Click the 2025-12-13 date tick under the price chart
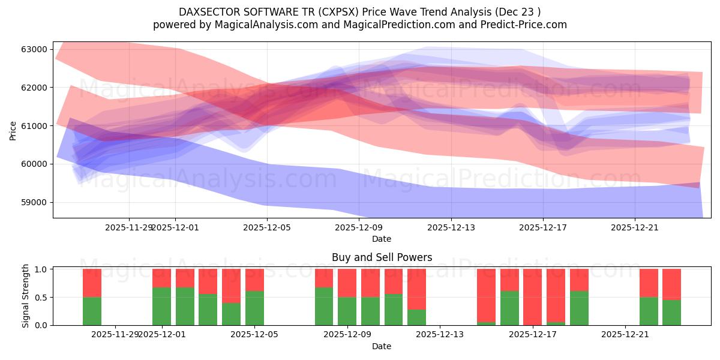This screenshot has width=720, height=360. click(x=450, y=227)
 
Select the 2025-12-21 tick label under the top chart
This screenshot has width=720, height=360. click(x=634, y=227)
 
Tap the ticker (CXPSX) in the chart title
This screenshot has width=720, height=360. click(x=338, y=12)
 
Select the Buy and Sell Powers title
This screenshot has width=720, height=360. click(x=382, y=257)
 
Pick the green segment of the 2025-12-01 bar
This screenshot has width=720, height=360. click(x=162, y=306)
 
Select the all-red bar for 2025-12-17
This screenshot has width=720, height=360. click(x=532, y=297)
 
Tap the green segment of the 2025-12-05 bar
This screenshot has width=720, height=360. click(x=254, y=308)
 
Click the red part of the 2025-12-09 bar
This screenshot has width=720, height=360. click(x=347, y=283)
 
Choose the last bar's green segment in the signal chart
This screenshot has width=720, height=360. click(x=671, y=313)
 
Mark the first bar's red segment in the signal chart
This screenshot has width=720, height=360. click(x=92, y=283)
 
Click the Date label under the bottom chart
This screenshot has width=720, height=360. click(x=382, y=346)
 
